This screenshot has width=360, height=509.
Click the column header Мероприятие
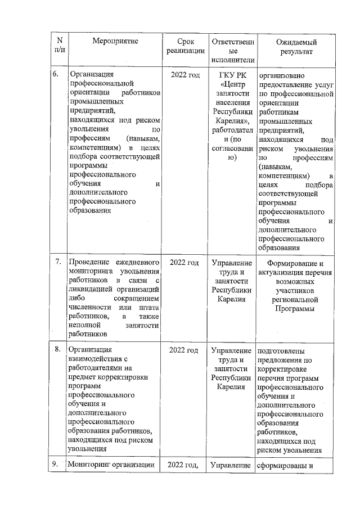pyautogui.click(x=115, y=42)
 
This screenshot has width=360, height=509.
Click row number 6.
pyautogui.click(x=56, y=75)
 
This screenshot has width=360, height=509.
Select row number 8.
pyautogui.click(x=58, y=350)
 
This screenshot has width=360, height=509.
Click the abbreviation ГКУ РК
pyautogui.click(x=232, y=75)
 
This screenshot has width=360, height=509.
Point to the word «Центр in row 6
pyautogui.click(x=233, y=84)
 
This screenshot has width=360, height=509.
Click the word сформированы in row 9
pyautogui.click(x=280, y=465)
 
